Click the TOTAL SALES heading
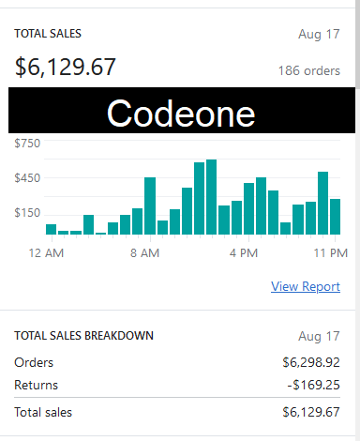pos(48,33)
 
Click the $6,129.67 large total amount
pos(66,67)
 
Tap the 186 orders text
pos(308,70)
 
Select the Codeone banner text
pos(180,112)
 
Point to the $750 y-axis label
pos(27,144)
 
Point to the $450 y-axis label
pos(27,178)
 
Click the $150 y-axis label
pos(27,213)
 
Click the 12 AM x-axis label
pos(46,252)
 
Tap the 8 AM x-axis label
pos(146,252)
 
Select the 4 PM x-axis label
pos(244,252)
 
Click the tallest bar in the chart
pos(212,196)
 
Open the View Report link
pos(306,286)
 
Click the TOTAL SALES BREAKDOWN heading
pos(83,335)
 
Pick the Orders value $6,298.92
pos(310,362)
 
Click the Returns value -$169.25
pos(312,385)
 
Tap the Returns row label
pos(37,385)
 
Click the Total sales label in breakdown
pos(43,412)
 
